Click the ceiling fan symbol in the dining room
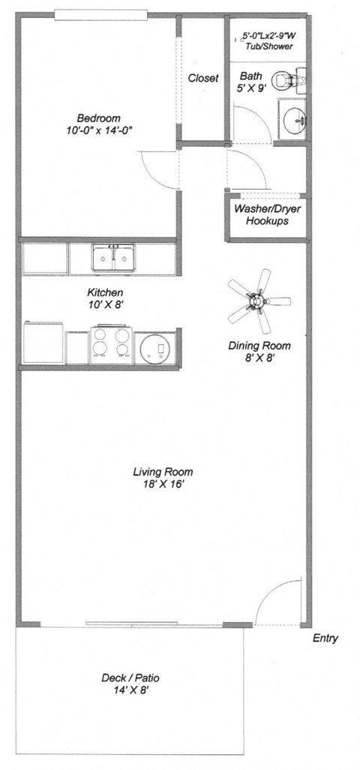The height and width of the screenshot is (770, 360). coord(259,301)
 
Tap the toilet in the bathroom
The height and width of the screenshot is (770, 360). coord(286,79)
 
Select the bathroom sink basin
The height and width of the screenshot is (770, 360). coord(293,118)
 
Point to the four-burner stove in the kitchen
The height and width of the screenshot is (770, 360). coord(111,346)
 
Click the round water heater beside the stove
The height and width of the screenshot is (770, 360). coord(155,348)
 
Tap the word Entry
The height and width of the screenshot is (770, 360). coord(325,639)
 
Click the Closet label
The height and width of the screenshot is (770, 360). coord(203,78)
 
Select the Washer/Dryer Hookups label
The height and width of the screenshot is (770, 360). coord(262,215)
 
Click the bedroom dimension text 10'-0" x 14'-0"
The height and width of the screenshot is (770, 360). coord(100,130)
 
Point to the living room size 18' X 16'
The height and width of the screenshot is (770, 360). coord(163,484)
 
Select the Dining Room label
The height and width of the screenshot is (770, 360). coord(259,346)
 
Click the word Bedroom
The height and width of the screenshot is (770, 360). coord(99,118)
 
